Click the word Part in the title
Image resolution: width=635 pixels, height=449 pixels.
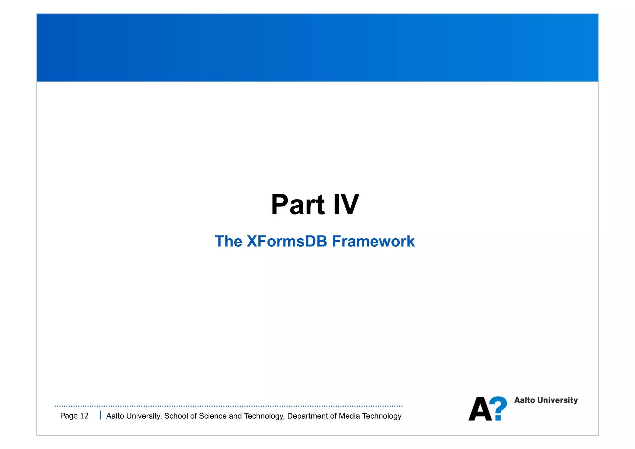298,205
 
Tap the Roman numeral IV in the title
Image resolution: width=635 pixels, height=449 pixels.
346,205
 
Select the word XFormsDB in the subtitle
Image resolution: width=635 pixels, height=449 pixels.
287,241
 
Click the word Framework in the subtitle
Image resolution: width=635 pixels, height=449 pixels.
373,241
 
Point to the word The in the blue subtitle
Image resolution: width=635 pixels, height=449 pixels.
229,241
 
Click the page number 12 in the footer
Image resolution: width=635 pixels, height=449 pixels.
84,416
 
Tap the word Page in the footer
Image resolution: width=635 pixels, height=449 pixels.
69,416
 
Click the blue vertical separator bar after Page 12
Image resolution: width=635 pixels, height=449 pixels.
100,415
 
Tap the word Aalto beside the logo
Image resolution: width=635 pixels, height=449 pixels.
525,400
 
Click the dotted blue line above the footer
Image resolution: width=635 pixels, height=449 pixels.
229,406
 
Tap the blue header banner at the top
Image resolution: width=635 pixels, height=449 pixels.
317,47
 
